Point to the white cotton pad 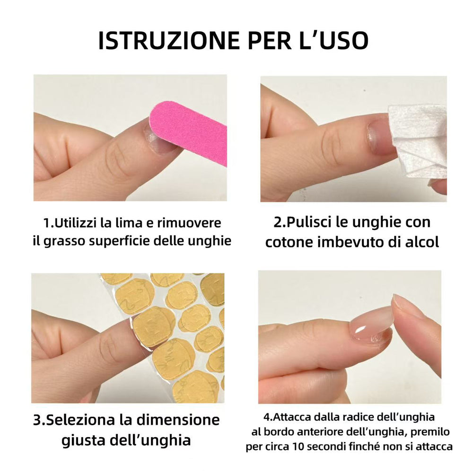(419, 140)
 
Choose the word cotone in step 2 (289, 242)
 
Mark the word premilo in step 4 (431, 432)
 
